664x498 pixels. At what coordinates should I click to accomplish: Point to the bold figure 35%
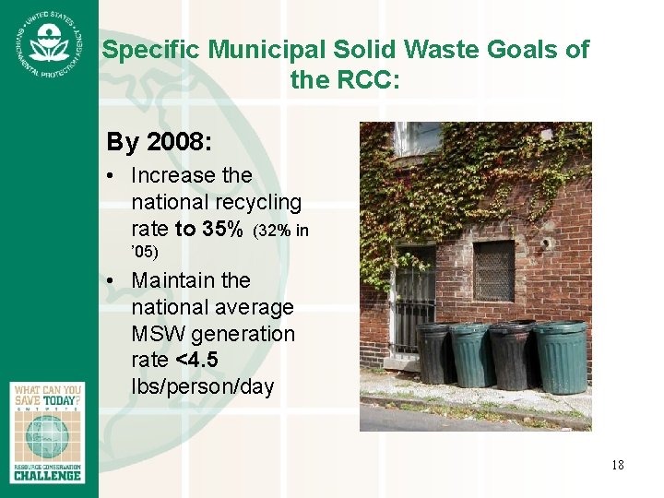point(222,228)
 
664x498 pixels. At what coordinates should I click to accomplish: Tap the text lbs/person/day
point(202,386)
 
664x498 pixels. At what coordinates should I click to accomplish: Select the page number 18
point(616,465)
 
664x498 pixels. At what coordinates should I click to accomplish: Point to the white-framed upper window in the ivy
point(416,138)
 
